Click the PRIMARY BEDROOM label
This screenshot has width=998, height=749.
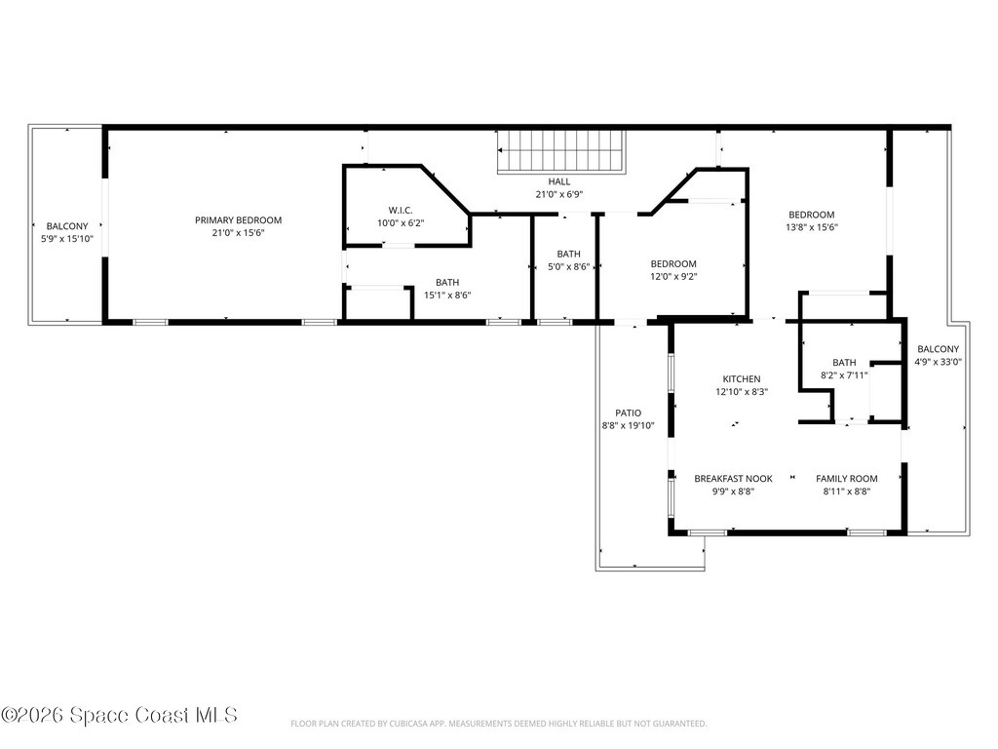[x=238, y=220]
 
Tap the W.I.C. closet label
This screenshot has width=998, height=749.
[x=401, y=210]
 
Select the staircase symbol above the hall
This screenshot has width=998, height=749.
[x=560, y=153]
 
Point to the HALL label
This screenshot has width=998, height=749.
[x=559, y=181]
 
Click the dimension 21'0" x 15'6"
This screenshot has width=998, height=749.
[x=238, y=233]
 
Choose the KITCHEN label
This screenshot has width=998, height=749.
[x=741, y=379]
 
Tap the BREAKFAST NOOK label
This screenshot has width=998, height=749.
[x=733, y=479]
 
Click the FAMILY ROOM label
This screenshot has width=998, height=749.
[x=846, y=479]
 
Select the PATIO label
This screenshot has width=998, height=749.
[x=628, y=413]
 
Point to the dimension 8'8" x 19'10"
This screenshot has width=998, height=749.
[x=628, y=425]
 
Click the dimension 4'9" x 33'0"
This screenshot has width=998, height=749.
[x=938, y=362]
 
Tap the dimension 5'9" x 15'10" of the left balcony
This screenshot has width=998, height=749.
[x=67, y=239]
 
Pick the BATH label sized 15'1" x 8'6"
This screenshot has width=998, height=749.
[x=447, y=283]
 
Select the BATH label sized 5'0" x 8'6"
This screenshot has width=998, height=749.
[x=568, y=255]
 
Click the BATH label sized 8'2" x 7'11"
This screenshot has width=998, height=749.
[x=844, y=362]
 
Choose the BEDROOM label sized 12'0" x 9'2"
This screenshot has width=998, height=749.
[x=673, y=263]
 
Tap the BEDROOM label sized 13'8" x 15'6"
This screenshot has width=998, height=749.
[x=812, y=215]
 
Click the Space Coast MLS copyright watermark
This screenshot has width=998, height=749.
[x=119, y=715]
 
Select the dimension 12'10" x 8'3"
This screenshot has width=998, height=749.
[x=741, y=392]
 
